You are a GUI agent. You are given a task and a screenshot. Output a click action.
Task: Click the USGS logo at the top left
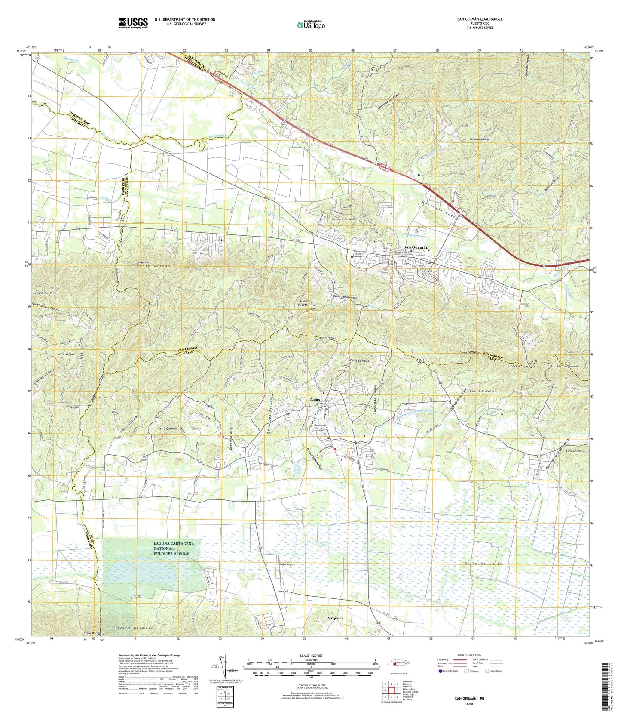coord(133,22)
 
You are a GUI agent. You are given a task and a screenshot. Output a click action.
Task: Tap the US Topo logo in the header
coord(310,25)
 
